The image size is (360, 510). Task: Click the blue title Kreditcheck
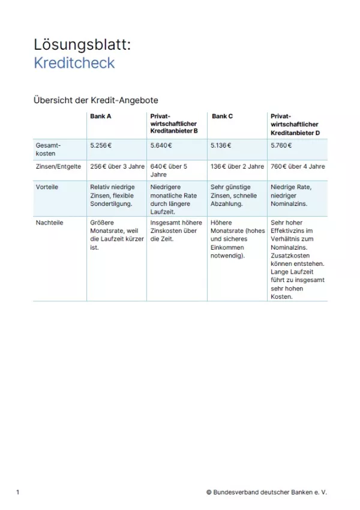[74, 63]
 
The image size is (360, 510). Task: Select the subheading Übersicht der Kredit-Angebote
[95, 100]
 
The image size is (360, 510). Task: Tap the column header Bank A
[100, 116]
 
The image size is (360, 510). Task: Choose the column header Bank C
[222, 116]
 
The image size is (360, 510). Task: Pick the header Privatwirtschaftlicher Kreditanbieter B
[174, 124]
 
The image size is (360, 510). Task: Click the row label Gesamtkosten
[49, 149]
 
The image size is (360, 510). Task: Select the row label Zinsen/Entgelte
[58, 167]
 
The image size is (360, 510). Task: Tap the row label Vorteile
[47, 187]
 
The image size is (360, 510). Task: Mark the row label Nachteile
[50, 222]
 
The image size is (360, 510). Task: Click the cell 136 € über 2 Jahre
[237, 167]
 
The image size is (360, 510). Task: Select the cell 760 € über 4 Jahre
[298, 167]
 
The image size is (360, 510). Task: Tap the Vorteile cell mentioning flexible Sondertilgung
[115, 195]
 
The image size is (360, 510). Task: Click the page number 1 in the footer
[18, 493]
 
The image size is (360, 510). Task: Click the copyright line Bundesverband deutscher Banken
[266, 493]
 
